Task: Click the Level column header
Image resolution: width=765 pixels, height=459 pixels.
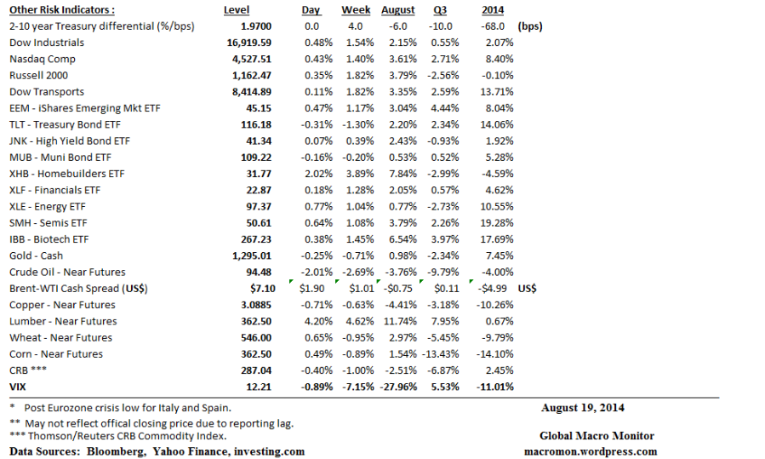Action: point(236,10)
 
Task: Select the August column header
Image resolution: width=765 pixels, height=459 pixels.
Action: point(398,10)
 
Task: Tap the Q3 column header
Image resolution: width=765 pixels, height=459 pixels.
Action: point(440,10)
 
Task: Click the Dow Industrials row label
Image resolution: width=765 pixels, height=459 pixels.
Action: point(47,43)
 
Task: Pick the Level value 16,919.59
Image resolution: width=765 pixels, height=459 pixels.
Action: point(248,43)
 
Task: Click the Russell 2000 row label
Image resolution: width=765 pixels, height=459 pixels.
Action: point(39,75)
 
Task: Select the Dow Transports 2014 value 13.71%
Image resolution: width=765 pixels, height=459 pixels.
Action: point(498,92)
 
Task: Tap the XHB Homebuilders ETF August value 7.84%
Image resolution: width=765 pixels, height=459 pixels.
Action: point(403,174)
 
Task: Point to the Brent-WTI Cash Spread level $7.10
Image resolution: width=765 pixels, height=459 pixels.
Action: point(259,289)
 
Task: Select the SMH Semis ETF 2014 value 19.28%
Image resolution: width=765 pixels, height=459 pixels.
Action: point(498,223)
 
